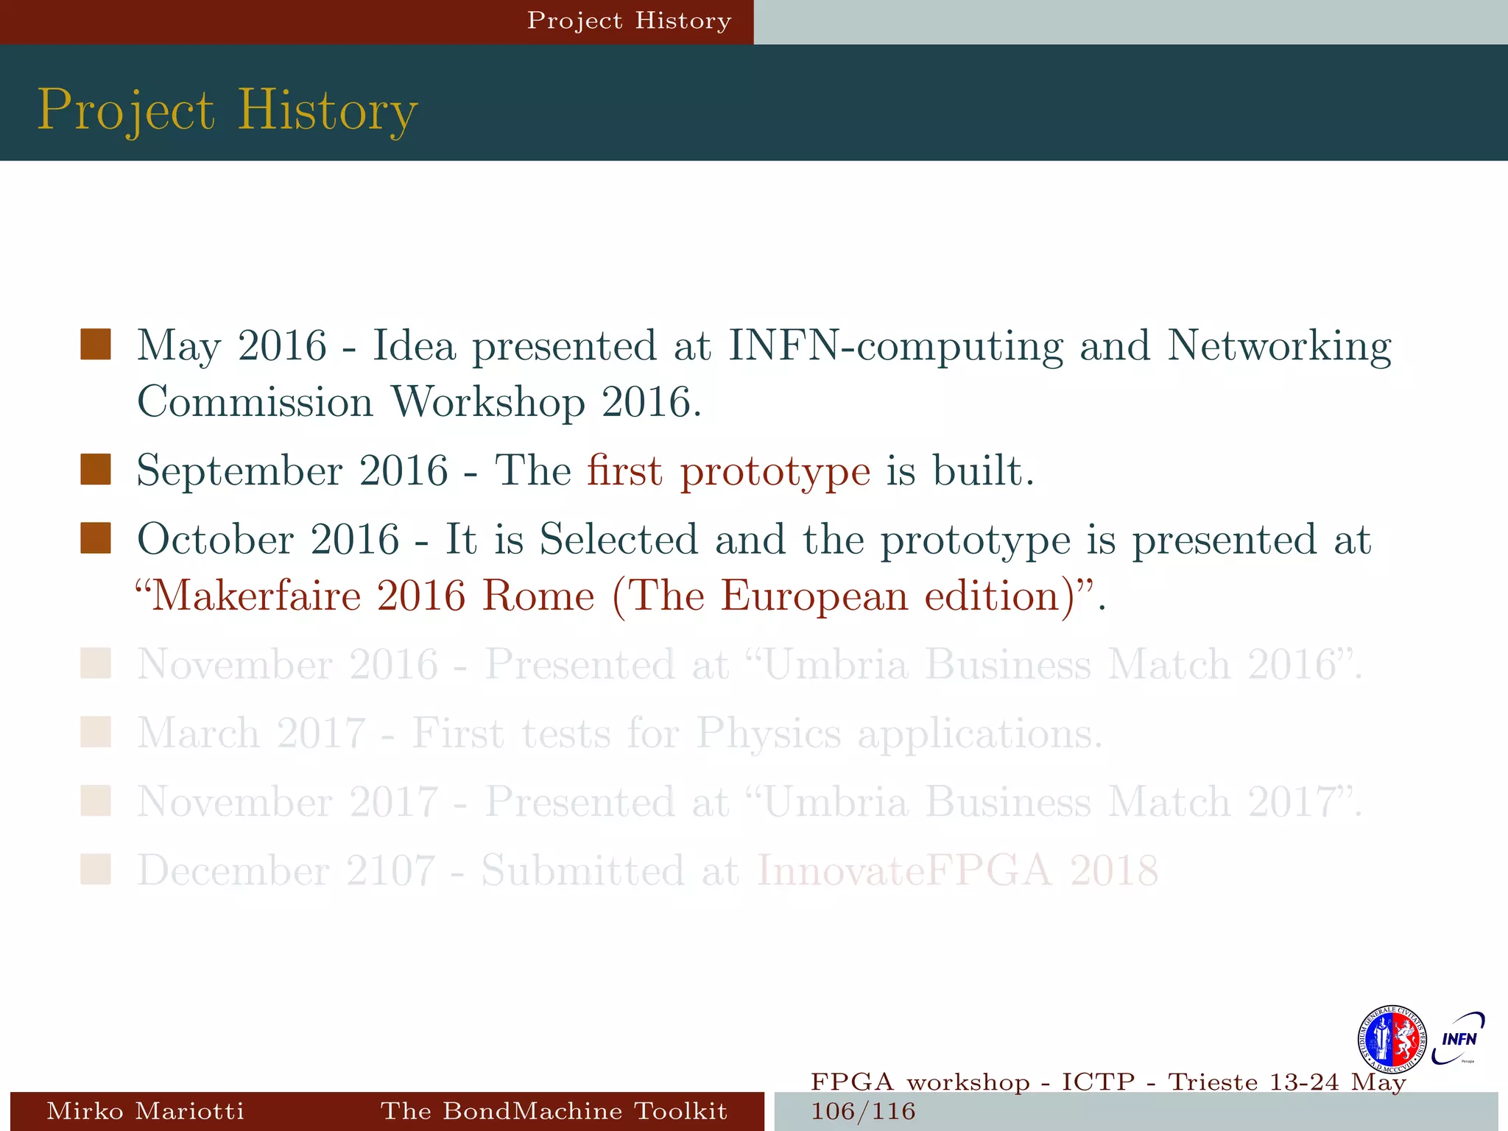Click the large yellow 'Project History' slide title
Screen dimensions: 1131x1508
pos(228,110)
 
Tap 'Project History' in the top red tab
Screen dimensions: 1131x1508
pos(629,21)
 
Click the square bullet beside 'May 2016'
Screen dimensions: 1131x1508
pos(96,345)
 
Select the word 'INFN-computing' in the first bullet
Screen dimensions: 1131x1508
pos(895,346)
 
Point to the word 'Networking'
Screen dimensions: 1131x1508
pos(1279,346)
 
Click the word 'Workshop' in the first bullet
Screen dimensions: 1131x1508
pos(487,402)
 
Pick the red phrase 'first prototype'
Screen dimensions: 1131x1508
pos(728,471)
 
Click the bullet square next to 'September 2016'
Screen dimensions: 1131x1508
pos(96,470)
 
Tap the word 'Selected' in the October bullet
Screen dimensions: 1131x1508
pos(619,539)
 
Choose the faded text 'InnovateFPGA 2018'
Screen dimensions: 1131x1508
pos(957,870)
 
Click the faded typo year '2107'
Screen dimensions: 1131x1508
pos(390,870)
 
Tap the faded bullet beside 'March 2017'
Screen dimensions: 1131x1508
pos(96,733)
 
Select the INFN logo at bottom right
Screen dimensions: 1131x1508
pos(1458,1038)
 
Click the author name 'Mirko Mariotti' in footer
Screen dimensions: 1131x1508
pos(145,1110)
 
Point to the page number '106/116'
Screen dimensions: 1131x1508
pos(863,1111)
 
